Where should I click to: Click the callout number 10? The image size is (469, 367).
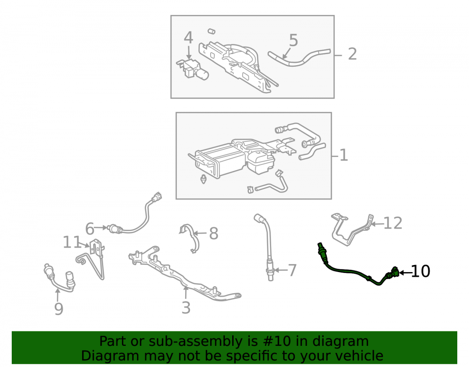point(421,271)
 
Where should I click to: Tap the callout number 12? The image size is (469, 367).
point(393,223)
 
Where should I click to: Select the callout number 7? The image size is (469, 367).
point(292,270)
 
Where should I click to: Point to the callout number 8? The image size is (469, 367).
point(213,234)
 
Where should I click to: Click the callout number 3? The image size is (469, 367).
point(186,308)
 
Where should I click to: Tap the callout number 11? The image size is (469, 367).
point(72,242)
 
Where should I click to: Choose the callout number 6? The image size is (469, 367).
point(90,229)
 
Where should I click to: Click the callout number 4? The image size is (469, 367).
point(189,38)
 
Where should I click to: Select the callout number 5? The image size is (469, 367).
point(294,40)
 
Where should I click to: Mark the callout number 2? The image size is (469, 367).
point(352,54)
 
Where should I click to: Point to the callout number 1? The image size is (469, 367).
point(344,155)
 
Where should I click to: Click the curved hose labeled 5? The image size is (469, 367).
point(299,58)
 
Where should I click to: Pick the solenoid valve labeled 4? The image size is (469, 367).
point(192,70)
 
